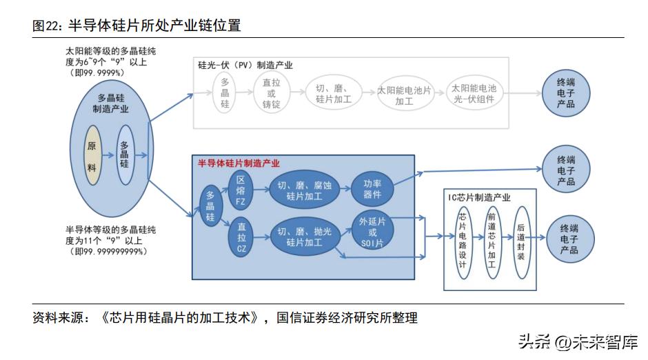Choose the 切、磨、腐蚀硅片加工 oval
point(304,190)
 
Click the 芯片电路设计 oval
point(463,241)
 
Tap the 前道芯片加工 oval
point(492,241)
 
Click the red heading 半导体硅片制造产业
point(239,163)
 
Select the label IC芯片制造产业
point(480,197)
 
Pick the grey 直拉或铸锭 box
point(271,94)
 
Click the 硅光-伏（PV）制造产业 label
point(245,66)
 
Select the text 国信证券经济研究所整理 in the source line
point(347,318)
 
